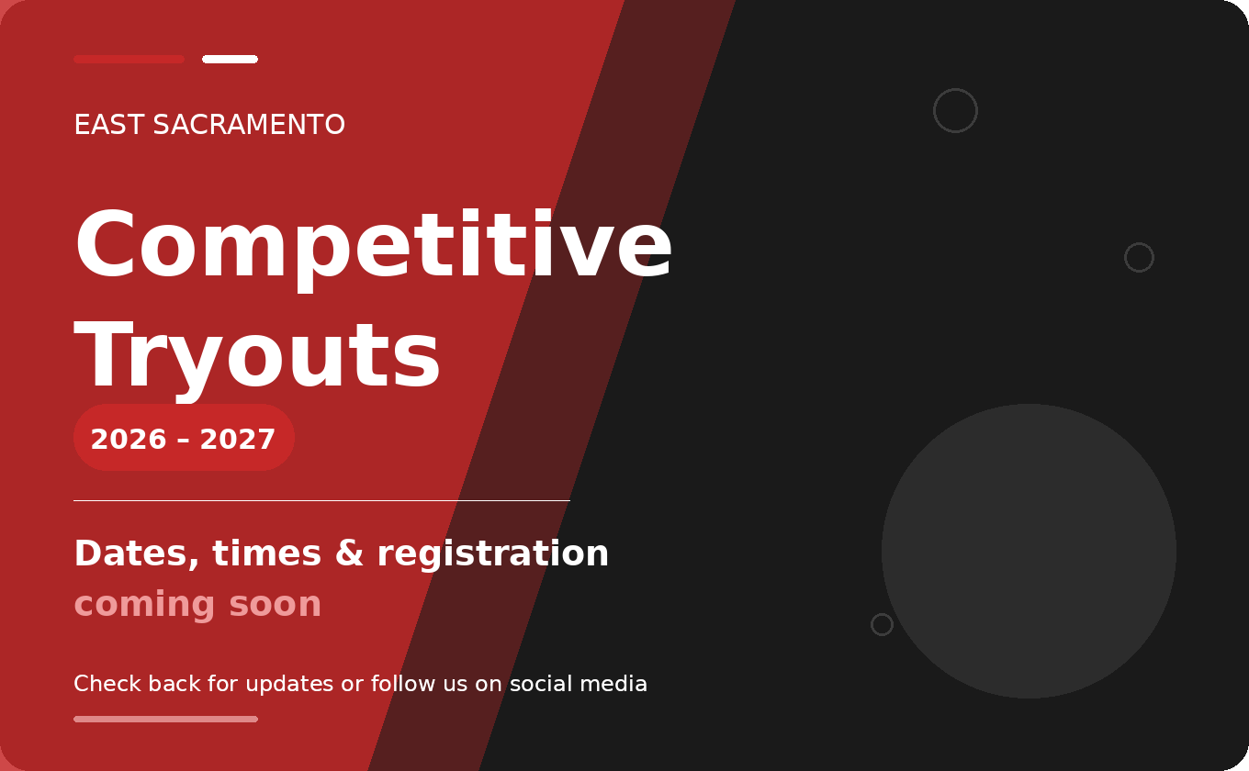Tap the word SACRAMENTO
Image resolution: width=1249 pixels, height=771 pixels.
coord(249,125)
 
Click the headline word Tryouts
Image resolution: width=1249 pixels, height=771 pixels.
coord(257,356)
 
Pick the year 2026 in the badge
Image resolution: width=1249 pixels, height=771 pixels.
coord(129,440)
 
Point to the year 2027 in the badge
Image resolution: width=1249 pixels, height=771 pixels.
coord(238,440)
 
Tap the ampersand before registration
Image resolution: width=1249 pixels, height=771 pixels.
coord(349,553)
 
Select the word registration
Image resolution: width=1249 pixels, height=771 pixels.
coord(493,553)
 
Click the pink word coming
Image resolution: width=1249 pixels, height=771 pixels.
coord(144,605)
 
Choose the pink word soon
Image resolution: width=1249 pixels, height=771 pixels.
coord(276,605)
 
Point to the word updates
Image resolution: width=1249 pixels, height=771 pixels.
coord(289,685)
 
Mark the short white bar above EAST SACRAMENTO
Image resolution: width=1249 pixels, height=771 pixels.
coord(230,59)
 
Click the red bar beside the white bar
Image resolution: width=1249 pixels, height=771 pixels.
coord(129,59)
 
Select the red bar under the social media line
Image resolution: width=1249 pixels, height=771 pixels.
coord(165,719)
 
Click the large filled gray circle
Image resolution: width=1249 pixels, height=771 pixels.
coord(1029,551)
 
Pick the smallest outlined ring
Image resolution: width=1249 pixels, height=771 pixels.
coord(882,624)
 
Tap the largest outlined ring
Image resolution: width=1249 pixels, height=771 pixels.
coord(955,110)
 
